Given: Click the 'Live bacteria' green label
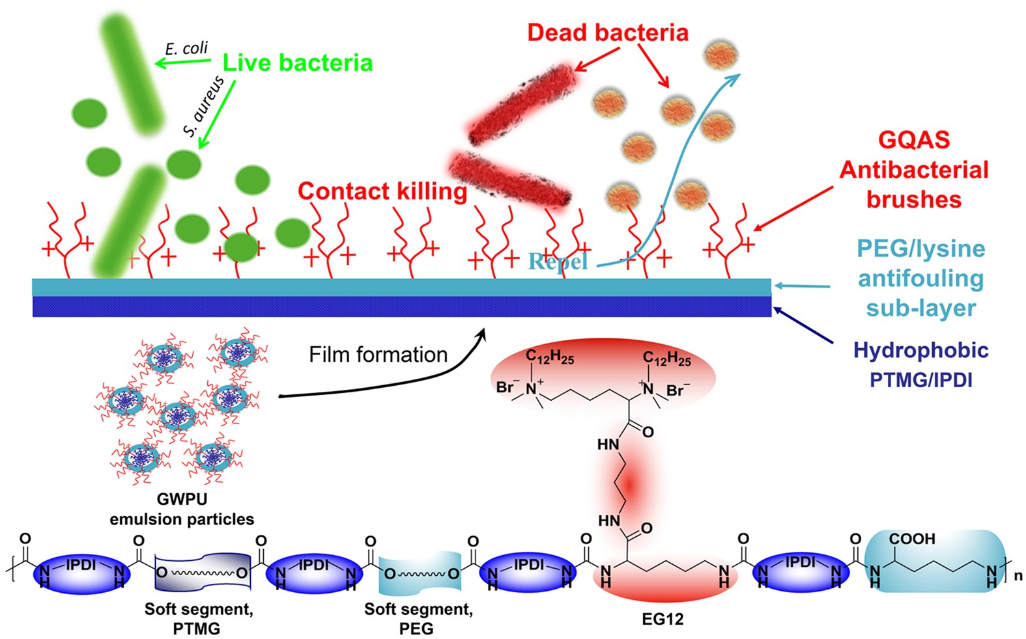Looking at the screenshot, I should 298,63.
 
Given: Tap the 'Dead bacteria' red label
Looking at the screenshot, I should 607,33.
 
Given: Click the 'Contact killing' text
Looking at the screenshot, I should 382,191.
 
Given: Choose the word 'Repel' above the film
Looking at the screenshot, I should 558,262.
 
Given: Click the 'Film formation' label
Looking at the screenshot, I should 378,355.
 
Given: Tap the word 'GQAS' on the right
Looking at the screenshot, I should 913,140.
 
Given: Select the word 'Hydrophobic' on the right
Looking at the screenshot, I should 920,351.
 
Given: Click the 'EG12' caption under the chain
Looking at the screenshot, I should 663,619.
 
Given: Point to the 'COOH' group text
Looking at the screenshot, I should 912,539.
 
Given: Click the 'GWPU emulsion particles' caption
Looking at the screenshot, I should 182,510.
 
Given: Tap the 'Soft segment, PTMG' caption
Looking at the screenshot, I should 198,619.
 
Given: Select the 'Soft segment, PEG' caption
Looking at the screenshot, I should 418,619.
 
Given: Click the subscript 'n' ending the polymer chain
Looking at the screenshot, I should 1018,577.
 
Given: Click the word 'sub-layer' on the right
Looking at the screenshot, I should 920,308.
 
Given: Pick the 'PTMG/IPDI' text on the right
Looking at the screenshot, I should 920,379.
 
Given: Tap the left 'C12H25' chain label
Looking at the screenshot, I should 550,357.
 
